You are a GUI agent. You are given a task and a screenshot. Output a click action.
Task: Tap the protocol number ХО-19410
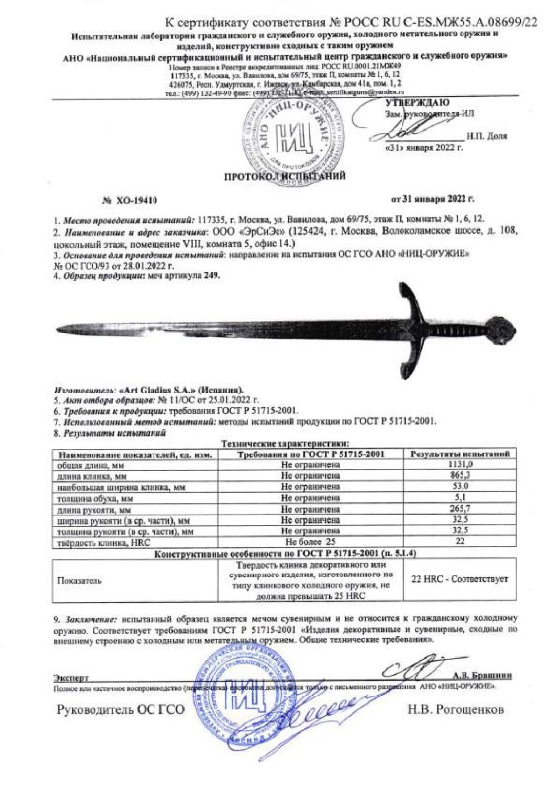pos(131,198)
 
